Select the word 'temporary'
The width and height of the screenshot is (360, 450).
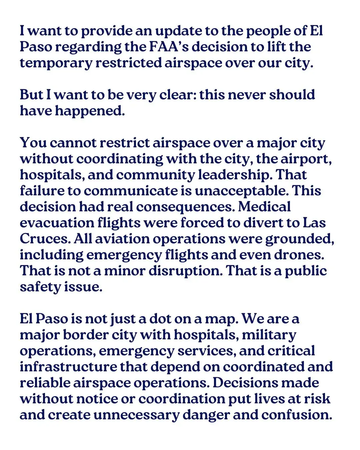[56, 63]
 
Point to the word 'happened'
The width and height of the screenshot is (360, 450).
[89, 111]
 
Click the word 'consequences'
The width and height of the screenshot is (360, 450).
[185, 207]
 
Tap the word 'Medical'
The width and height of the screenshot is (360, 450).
[264, 207]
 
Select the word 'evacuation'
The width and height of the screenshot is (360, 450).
[56, 223]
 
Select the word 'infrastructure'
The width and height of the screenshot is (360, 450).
[68, 367]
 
